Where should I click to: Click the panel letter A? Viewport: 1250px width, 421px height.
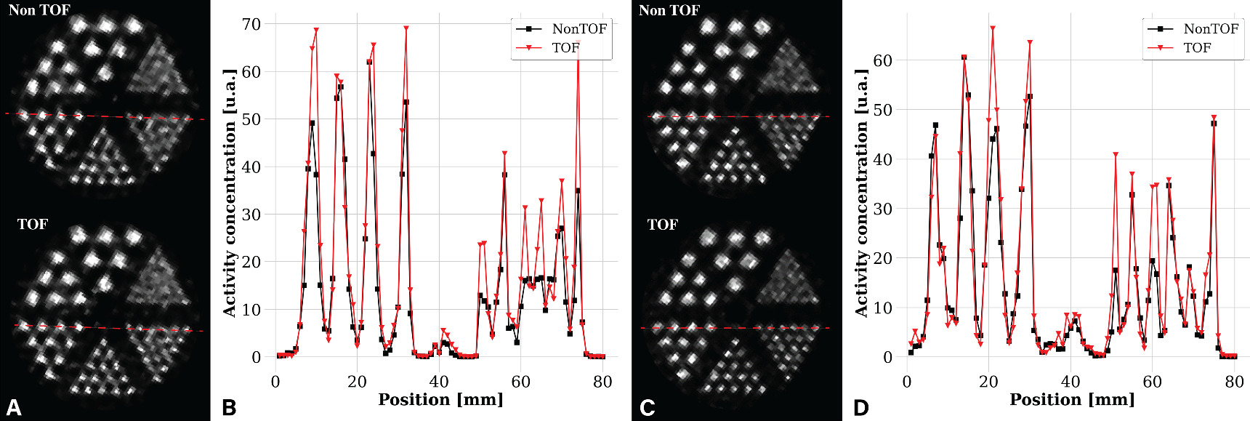pyautogui.click(x=13, y=407)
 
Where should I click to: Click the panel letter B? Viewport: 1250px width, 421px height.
pyautogui.click(x=229, y=407)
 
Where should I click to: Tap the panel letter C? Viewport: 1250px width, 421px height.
pyautogui.click(x=647, y=407)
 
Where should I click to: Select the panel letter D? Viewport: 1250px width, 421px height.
pyautogui.click(x=860, y=407)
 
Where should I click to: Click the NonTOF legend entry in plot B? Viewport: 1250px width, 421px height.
pyautogui.click(x=578, y=29)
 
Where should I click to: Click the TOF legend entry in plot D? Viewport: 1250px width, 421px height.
pyautogui.click(x=1196, y=48)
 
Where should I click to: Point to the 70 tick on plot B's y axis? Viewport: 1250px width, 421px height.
pyautogui.click(x=251, y=24)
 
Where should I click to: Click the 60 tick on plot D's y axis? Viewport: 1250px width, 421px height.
pyautogui.click(x=882, y=61)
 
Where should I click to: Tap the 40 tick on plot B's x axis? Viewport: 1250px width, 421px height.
pyautogui.click(x=439, y=382)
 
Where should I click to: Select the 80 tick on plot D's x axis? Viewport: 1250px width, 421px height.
pyautogui.click(x=1234, y=382)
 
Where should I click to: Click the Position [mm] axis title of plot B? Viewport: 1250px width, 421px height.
pyautogui.click(x=440, y=400)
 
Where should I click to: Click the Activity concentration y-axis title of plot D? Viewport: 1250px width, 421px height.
pyautogui.click(x=861, y=193)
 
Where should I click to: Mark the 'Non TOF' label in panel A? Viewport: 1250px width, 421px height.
pyautogui.click(x=39, y=10)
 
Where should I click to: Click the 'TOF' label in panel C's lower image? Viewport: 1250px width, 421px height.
pyautogui.click(x=662, y=225)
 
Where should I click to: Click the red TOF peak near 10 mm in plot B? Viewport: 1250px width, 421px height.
pyautogui.click(x=316, y=30)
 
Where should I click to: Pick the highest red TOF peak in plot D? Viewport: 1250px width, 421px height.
pyautogui.click(x=993, y=28)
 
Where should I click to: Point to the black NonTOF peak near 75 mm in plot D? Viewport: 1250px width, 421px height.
pyautogui.click(x=1214, y=124)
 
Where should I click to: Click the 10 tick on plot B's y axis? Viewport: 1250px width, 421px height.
pyautogui.click(x=251, y=310)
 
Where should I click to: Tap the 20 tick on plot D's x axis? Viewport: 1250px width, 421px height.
pyautogui.click(x=988, y=382)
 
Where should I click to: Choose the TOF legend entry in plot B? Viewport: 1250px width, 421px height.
pyautogui.click(x=565, y=48)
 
